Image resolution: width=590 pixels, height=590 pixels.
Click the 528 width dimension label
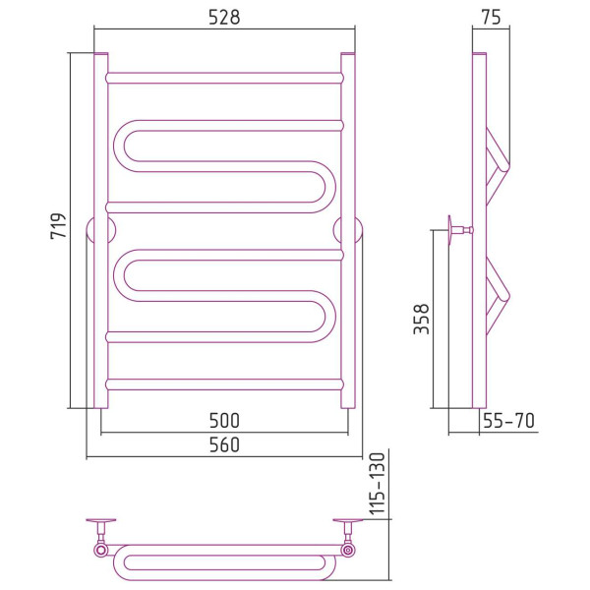point(224,18)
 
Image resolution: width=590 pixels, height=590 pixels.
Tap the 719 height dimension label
point(58,226)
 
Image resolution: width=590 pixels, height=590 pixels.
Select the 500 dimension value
point(224,421)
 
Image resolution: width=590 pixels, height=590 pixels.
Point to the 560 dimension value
point(224,444)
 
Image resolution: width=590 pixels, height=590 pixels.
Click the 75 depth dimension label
point(491,18)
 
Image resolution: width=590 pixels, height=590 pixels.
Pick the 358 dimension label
point(421,319)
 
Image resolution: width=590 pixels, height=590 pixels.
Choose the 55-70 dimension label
point(508,421)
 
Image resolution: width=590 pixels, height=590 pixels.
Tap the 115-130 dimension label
point(377,484)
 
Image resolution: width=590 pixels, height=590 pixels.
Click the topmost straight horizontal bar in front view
point(225,78)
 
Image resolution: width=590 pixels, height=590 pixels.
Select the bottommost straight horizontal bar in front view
point(225,384)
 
